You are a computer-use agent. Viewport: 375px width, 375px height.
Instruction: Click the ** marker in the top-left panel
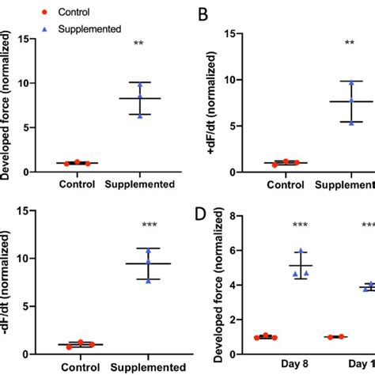(139, 44)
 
